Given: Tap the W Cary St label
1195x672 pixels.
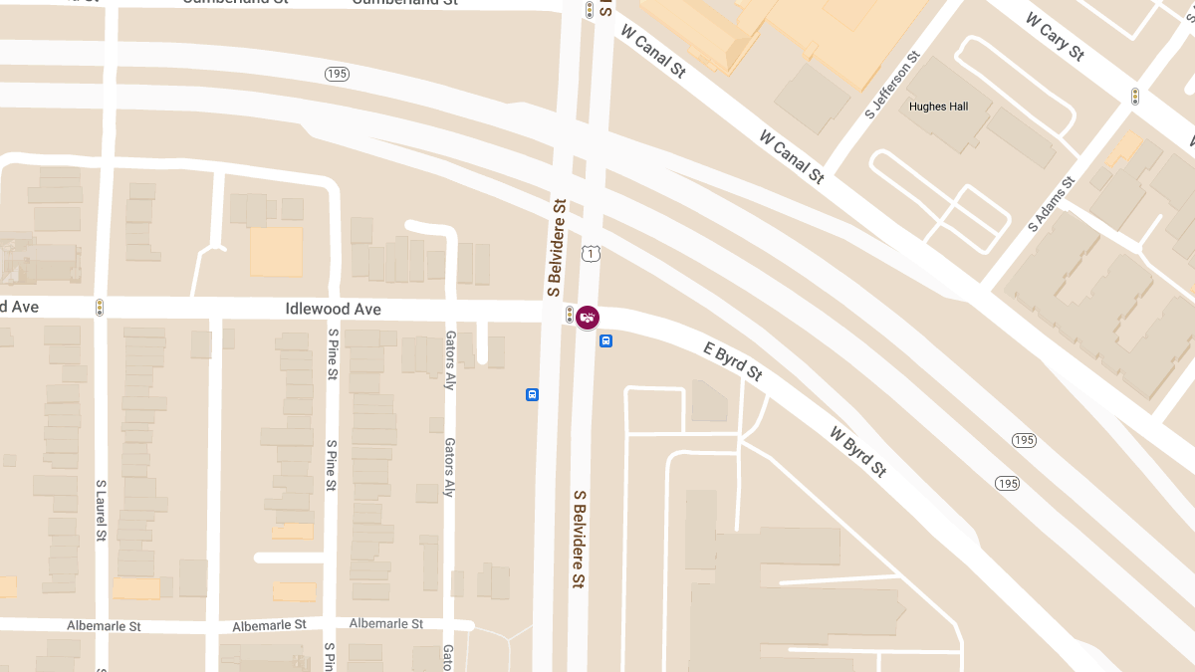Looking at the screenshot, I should pyautogui.click(x=1054, y=37).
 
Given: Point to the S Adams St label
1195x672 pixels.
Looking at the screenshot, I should pyautogui.click(x=1052, y=204).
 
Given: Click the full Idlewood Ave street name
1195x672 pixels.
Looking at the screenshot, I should pyautogui.click(x=333, y=310).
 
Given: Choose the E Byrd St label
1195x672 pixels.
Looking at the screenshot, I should pyautogui.click(x=733, y=361).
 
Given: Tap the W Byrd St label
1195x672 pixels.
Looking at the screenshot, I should pyautogui.click(x=857, y=451).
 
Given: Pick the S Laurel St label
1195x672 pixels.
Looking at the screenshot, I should pyautogui.click(x=101, y=511).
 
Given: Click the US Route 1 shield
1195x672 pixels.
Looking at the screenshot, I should pyautogui.click(x=593, y=255).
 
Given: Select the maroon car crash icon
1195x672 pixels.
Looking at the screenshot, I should pyautogui.click(x=588, y=318).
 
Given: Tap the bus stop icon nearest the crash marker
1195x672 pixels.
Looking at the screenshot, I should pyautogui.click(x=605, y=341).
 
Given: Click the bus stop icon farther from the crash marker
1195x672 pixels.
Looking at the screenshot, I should pyautogui.click(x=532, y=394).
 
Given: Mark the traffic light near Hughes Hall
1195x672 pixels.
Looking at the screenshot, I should pyautogui.click(x=1134, y=97).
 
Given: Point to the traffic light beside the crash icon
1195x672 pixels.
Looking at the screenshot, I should pyautogui.click(x=570, y=315).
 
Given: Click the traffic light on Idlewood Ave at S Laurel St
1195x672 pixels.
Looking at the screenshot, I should pyautogui.click(x=99, y=308).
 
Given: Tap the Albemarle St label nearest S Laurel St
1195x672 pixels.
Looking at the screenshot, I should pyautogui.click(x=104, y=626).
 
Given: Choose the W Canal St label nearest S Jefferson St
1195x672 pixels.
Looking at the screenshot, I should pyautogui.click(x=792, y=156).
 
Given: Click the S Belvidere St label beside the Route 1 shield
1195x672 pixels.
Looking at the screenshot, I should pyautogui.click(x=558, y=247).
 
